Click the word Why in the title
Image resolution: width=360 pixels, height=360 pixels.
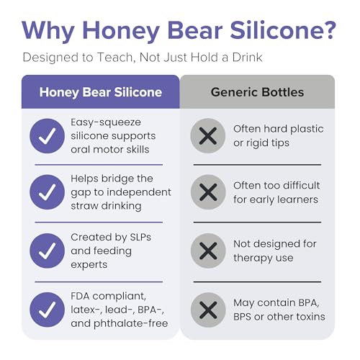(48, 32)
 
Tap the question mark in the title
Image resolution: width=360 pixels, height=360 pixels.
(328, 30)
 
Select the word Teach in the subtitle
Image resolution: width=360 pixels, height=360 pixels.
(114, 58)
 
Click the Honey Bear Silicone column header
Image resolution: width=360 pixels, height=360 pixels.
(101, 92)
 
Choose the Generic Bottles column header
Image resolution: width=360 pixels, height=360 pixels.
(257, 92)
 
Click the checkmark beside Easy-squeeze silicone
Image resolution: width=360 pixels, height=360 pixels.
(48, 136)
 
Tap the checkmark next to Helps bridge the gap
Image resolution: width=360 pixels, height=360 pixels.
(48, 192)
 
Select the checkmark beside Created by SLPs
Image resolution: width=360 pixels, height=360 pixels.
(48, 251)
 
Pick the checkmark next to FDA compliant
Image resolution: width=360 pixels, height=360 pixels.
(48, 310)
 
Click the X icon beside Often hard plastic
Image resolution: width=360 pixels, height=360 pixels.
(208, 136)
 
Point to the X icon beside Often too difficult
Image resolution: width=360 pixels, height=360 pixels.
(208, 192)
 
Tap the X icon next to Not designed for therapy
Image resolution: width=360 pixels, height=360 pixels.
(208, 251)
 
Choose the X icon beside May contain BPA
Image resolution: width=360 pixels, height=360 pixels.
(208, 310)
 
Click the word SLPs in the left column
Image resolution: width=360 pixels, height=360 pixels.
(140, 237)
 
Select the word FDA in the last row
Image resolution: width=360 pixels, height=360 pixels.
(81, 296)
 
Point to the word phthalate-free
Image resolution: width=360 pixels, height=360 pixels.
(131, 324)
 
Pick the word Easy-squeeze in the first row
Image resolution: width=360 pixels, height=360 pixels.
(106, 123)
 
